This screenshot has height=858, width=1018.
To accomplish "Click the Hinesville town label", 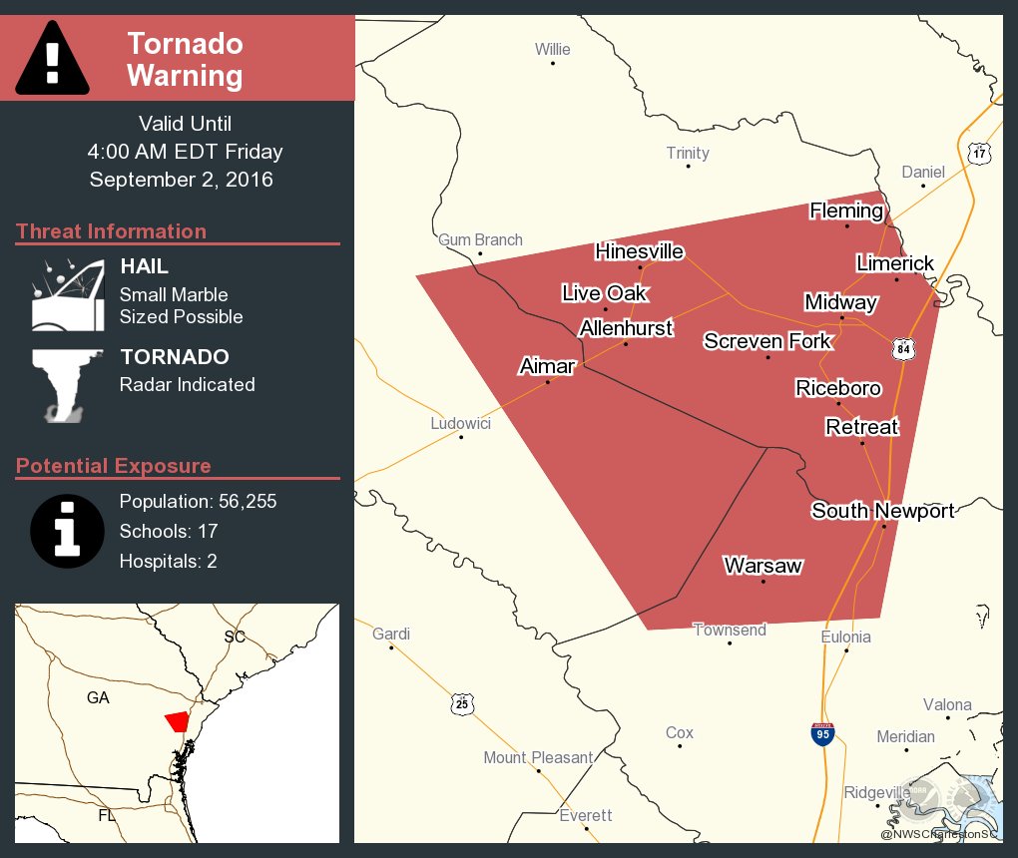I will click(x=639, y=251).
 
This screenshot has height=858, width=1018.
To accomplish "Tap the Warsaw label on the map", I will click(x=763, y=566).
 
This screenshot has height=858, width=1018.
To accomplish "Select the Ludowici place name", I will click(x=460, y=423).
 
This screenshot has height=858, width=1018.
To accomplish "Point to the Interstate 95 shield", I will click(x=821, y=734).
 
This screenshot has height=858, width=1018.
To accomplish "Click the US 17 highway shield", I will click(x=979, y=153).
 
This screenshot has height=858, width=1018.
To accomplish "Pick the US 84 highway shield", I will click(x=903, y=349).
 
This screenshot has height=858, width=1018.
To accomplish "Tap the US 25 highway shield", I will click(x=460, y=703).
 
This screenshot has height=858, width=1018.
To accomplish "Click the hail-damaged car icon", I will click(x=68, y=295).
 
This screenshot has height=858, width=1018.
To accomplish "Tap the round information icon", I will click(x=67, y=531).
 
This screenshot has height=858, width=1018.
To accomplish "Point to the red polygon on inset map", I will click(x=177, y=721).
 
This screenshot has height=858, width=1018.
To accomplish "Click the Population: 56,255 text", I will click(x=198, y=501).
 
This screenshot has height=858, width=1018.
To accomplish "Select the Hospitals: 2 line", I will click(x=168, y=561).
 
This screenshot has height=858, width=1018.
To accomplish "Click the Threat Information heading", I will click(x=111, y=231).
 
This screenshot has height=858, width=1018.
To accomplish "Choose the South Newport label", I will click(x=882, y=511).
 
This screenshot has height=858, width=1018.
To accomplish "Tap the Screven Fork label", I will click(x=766, y=341).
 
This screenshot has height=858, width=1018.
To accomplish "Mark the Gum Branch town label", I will click(x=480, y=239).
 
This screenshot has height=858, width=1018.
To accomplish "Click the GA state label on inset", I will click(x=98, y=697).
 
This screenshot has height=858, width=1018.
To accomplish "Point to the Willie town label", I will click(x=552, y=49).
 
